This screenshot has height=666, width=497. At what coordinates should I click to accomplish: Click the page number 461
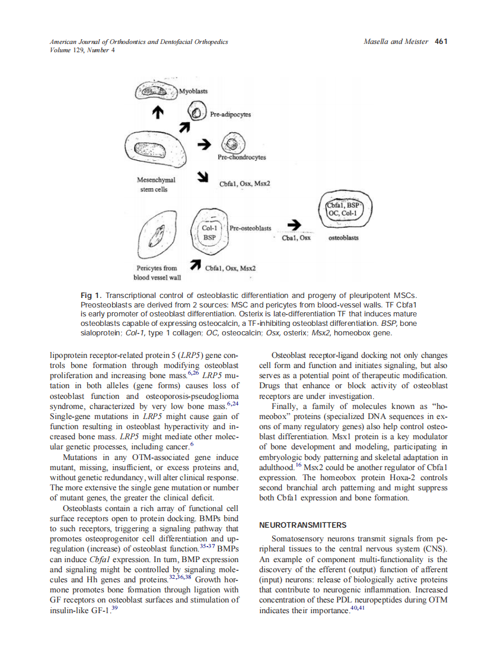pos(440,42)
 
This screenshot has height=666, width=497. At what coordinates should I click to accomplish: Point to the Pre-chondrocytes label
pos(241,158)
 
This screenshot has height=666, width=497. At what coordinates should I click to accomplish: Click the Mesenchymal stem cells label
pos(155,184)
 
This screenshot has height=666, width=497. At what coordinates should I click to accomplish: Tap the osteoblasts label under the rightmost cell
pos(343,238)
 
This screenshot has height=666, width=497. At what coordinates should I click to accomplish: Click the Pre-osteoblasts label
pos(250,228)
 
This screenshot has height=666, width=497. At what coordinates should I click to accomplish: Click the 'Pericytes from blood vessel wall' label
pos(157,272)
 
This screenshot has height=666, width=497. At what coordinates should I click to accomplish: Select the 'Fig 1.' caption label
pos(91,295)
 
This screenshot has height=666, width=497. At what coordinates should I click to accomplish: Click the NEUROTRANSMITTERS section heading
pos(302,525)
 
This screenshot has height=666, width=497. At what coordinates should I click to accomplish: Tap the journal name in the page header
pos(139,42)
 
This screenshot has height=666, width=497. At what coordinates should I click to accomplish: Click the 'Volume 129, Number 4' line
pos(82,50)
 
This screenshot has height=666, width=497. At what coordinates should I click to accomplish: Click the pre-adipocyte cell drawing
pos(196,112)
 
